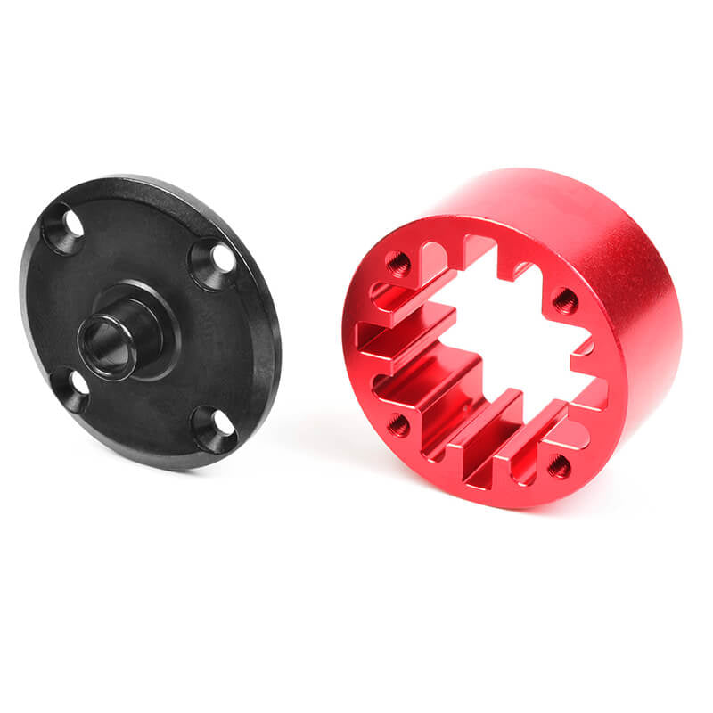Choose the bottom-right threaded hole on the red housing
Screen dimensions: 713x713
[559, 464]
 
